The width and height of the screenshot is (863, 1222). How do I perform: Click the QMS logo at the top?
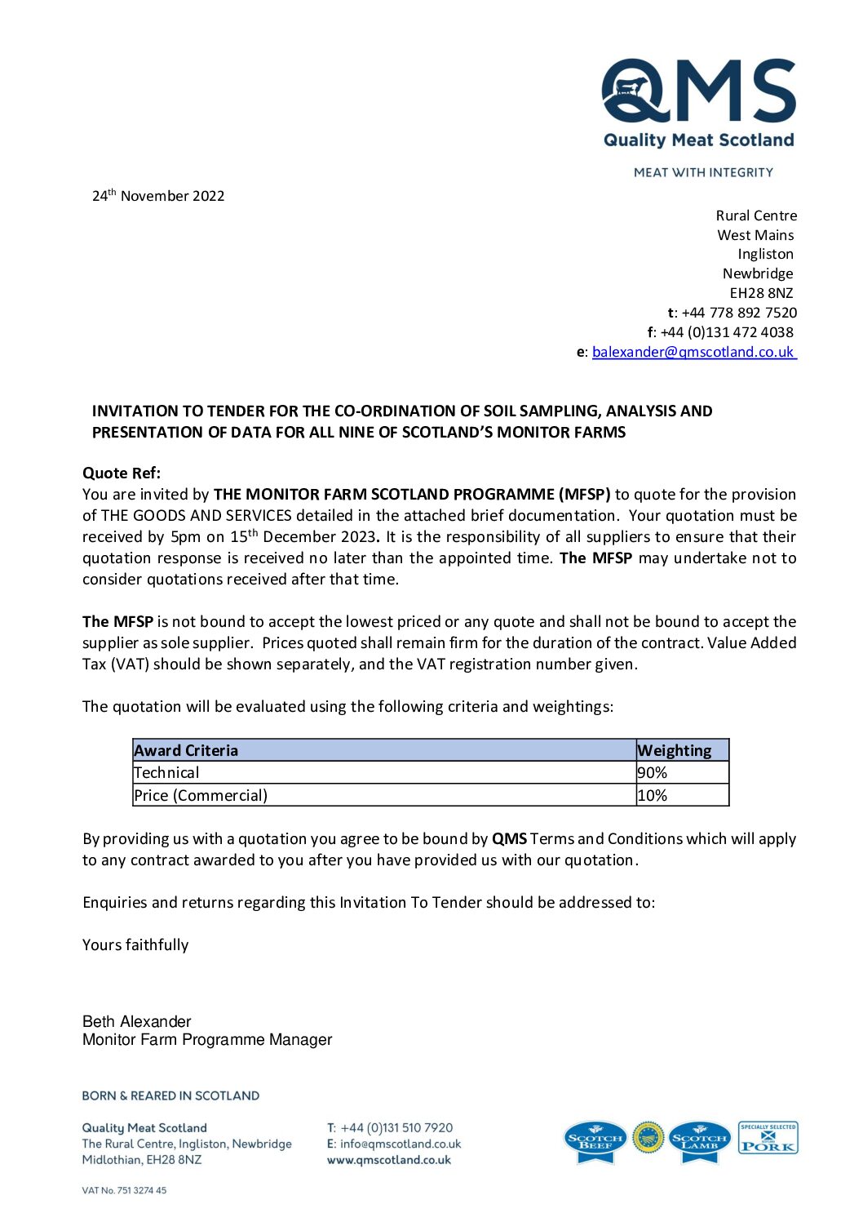pos(698,104)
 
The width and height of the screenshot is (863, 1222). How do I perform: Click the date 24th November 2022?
pos(158,196)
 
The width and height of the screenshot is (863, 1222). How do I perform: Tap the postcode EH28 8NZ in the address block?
pos(761,293)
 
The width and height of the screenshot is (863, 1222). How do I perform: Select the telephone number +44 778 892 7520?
pos(739,313)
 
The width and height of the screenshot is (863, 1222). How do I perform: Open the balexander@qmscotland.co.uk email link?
pos(693,352)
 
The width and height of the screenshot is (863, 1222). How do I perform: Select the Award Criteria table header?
pos(186,750)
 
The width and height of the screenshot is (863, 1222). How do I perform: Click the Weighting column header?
pos(674,750)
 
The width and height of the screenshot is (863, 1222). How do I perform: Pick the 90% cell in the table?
pos(653,772)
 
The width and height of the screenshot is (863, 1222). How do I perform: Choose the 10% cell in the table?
pos(653,795)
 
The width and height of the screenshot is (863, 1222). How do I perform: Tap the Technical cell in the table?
pos(167,772)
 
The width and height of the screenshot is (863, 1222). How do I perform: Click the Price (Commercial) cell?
pos(201,795)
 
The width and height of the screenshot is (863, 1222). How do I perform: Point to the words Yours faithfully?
pos(135,945)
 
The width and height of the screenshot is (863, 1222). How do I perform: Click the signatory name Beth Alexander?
pos(137,1021)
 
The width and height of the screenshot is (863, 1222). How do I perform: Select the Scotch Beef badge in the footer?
pos(595,1140)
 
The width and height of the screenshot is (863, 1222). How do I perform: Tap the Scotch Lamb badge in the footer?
pos(699,1140)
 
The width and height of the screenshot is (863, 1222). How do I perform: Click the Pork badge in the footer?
pos(768,1138)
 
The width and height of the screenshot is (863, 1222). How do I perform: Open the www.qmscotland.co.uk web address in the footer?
pos(389,1160)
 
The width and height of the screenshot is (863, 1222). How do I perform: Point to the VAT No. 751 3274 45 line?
pos(124,1190)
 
